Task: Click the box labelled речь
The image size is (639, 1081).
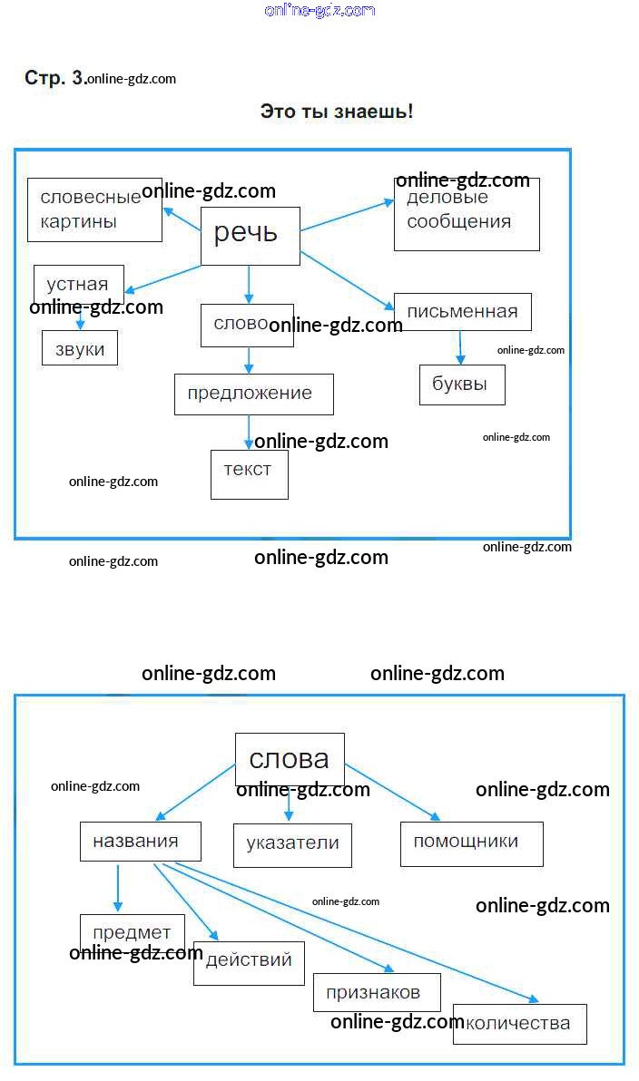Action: click(x=250, y=236)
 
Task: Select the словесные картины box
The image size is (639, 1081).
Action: click(x=94, y=209)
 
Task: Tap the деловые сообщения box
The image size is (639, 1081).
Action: click(x=467, y=214)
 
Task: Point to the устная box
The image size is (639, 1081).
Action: click(x=78, y=284)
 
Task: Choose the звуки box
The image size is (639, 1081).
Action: click(x=80, y=349)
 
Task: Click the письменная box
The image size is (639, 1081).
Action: click(x=463, y=312)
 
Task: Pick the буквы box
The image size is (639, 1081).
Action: click(x=462, y=385)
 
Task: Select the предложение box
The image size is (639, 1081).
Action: click(x=253, y=394)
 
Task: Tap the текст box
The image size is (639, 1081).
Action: click(x=249, y=473)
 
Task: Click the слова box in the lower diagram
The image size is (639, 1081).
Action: click(x=290, y=759)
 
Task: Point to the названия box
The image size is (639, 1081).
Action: click(x=140, y=841)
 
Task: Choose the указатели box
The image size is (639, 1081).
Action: click(x=292, y=844)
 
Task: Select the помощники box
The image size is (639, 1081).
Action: click(x=471, y=843)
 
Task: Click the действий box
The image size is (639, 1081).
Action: click(x=249, y=962)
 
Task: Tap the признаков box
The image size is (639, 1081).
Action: click(x=377, y=992)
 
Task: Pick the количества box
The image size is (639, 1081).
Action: click(x=520, y=1024)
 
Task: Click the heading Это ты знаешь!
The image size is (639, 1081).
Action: click(x=337, y=112)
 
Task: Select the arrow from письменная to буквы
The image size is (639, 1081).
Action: click(x=460, y=347)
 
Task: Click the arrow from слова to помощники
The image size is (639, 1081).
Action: click(x=392, y=792)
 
